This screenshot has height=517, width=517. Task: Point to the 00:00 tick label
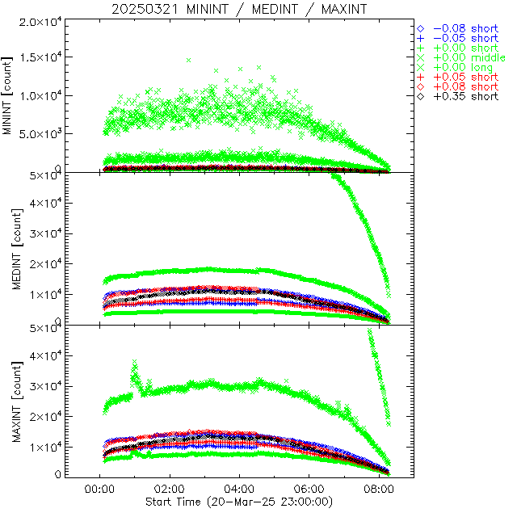point(99,489)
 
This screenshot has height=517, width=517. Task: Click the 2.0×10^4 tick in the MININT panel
point(41,21)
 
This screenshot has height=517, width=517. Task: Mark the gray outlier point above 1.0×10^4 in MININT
point(189,60)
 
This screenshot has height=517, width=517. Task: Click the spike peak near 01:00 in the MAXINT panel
point(134,362)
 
